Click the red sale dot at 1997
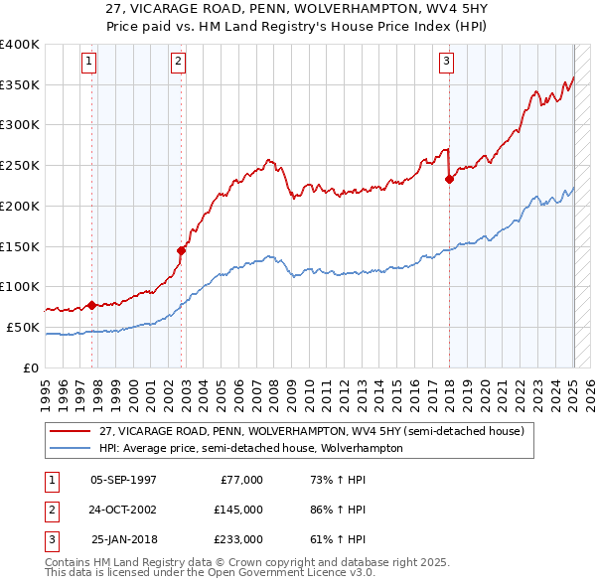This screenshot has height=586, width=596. [x=92, y=305]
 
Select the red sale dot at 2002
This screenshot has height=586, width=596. [x=182, y=250]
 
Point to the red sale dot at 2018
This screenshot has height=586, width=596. [x=449, y=180]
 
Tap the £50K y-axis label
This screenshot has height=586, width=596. [x=23, y=327]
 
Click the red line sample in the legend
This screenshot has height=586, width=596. [x=71, y=431]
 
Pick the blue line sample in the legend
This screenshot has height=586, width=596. [x=71, y=448]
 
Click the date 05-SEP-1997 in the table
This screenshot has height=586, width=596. [x=123, y=480]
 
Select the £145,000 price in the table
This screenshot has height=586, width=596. [x=238, y=510]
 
